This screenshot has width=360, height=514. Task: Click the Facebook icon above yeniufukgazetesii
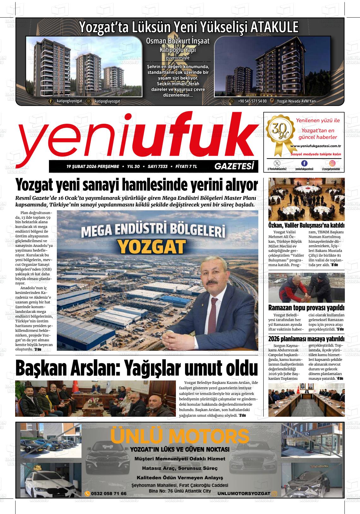click(x=304, y=163)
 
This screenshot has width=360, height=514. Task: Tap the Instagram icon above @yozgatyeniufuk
click(x=332, y=163)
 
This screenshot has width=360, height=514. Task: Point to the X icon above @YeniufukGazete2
click(x=277, y=163)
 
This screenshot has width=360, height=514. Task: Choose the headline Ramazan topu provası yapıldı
click(x=306, y=308)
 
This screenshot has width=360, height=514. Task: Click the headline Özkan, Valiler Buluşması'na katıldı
click(x=306, y=225)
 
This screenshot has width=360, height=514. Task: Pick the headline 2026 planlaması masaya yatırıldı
click(x=306, y=339)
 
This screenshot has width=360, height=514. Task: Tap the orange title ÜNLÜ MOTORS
click(x=180, y=436)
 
